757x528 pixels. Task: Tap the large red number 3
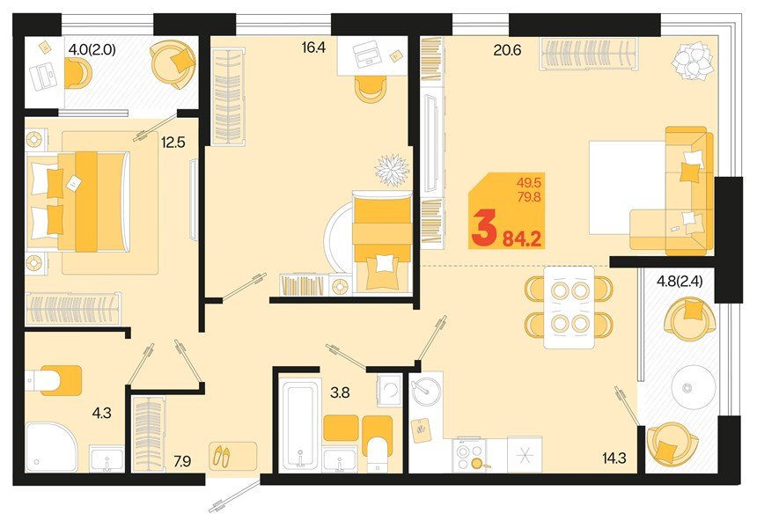483,229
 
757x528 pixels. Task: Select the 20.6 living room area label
507,50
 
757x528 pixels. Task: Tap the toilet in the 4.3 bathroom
53,380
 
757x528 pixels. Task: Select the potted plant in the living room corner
689,62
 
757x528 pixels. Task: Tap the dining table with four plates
569,306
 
